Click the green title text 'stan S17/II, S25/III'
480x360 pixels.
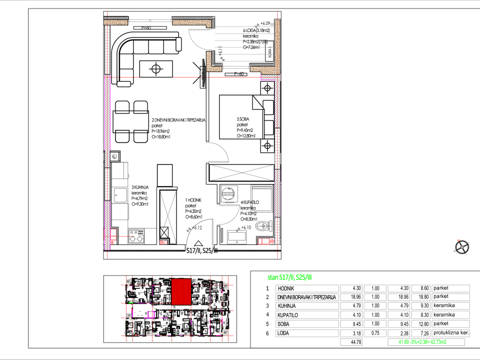pos(289,277)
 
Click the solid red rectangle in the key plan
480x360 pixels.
pos(181,291)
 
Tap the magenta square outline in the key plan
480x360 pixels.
pos(150,314)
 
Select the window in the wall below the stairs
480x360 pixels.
pos(235,67)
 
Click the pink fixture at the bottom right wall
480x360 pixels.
pos(264,241)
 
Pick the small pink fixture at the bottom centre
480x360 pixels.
pos(163,242)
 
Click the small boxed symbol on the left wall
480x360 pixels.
pos(115,156)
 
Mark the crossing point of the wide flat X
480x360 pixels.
pos(242,173)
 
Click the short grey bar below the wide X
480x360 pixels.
pos(261,187)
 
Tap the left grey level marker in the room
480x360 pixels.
pos(188,229)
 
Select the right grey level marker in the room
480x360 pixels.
pos(238,229)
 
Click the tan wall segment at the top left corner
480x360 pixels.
pos(115,22)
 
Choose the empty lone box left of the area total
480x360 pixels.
pos(351,342)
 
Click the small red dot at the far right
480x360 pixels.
pos(458,240)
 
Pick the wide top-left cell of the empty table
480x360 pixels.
pos(307,288)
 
